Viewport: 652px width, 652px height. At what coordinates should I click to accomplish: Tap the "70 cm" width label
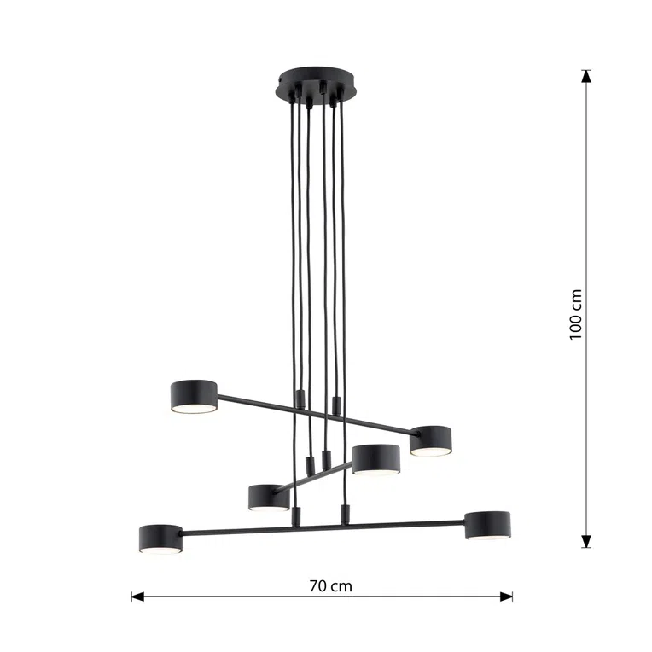(330, 586)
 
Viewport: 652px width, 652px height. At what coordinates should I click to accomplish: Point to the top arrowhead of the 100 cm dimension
(586, 76)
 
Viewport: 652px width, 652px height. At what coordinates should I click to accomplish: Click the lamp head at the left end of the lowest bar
(160, 538)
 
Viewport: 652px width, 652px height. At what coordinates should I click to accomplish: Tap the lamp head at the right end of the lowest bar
(487, 525)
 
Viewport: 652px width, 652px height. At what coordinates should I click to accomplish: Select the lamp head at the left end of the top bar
(194, 397)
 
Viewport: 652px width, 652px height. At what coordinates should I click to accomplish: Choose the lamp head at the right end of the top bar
(431, 440)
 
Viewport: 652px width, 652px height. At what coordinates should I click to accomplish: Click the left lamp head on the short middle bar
(268, 496)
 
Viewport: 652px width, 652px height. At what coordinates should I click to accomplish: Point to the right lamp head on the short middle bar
(376, 458)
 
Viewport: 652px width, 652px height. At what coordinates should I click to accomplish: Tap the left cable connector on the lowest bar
(296, 515)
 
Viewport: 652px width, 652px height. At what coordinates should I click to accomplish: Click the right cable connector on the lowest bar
(345, 514)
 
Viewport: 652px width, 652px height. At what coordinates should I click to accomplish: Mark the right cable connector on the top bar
(335, 404)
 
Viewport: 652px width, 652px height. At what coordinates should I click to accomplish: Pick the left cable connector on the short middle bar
(306, 465)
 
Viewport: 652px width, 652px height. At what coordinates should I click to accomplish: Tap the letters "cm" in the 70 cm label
(341, 586)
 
